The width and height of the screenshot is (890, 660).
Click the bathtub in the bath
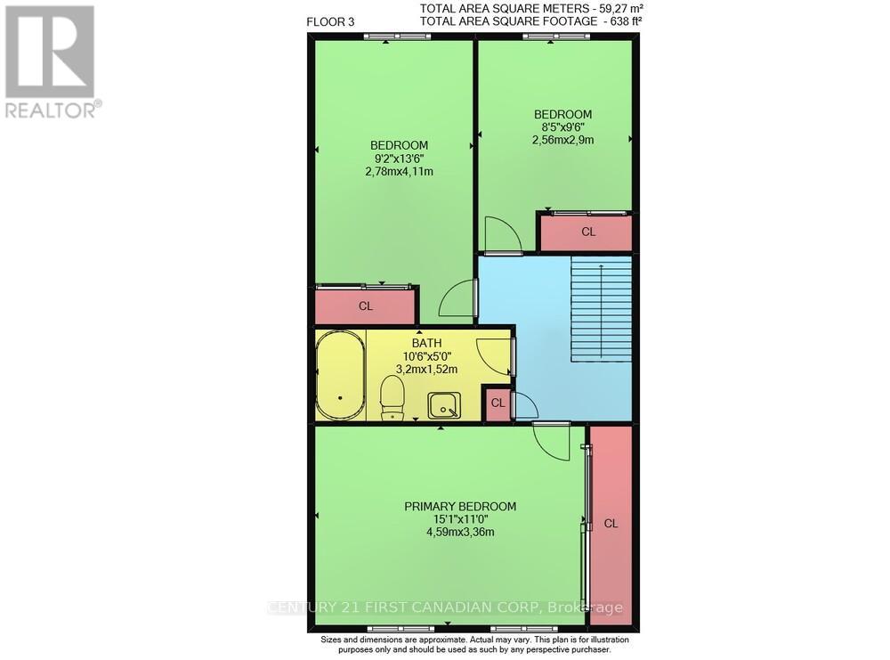339,375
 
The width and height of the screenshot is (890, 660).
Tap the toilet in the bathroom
392,396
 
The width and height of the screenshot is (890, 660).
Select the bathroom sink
444,405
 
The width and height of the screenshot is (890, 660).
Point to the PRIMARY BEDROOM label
460,507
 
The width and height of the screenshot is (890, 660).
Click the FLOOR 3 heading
330,22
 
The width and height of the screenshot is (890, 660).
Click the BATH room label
426,342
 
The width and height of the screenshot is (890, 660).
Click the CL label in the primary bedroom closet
611,524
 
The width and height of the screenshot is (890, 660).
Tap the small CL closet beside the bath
498,403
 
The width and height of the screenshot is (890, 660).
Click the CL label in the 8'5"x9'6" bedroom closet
587,232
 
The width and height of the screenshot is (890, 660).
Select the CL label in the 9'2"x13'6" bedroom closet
366,306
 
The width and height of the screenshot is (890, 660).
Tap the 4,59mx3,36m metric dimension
460,533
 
